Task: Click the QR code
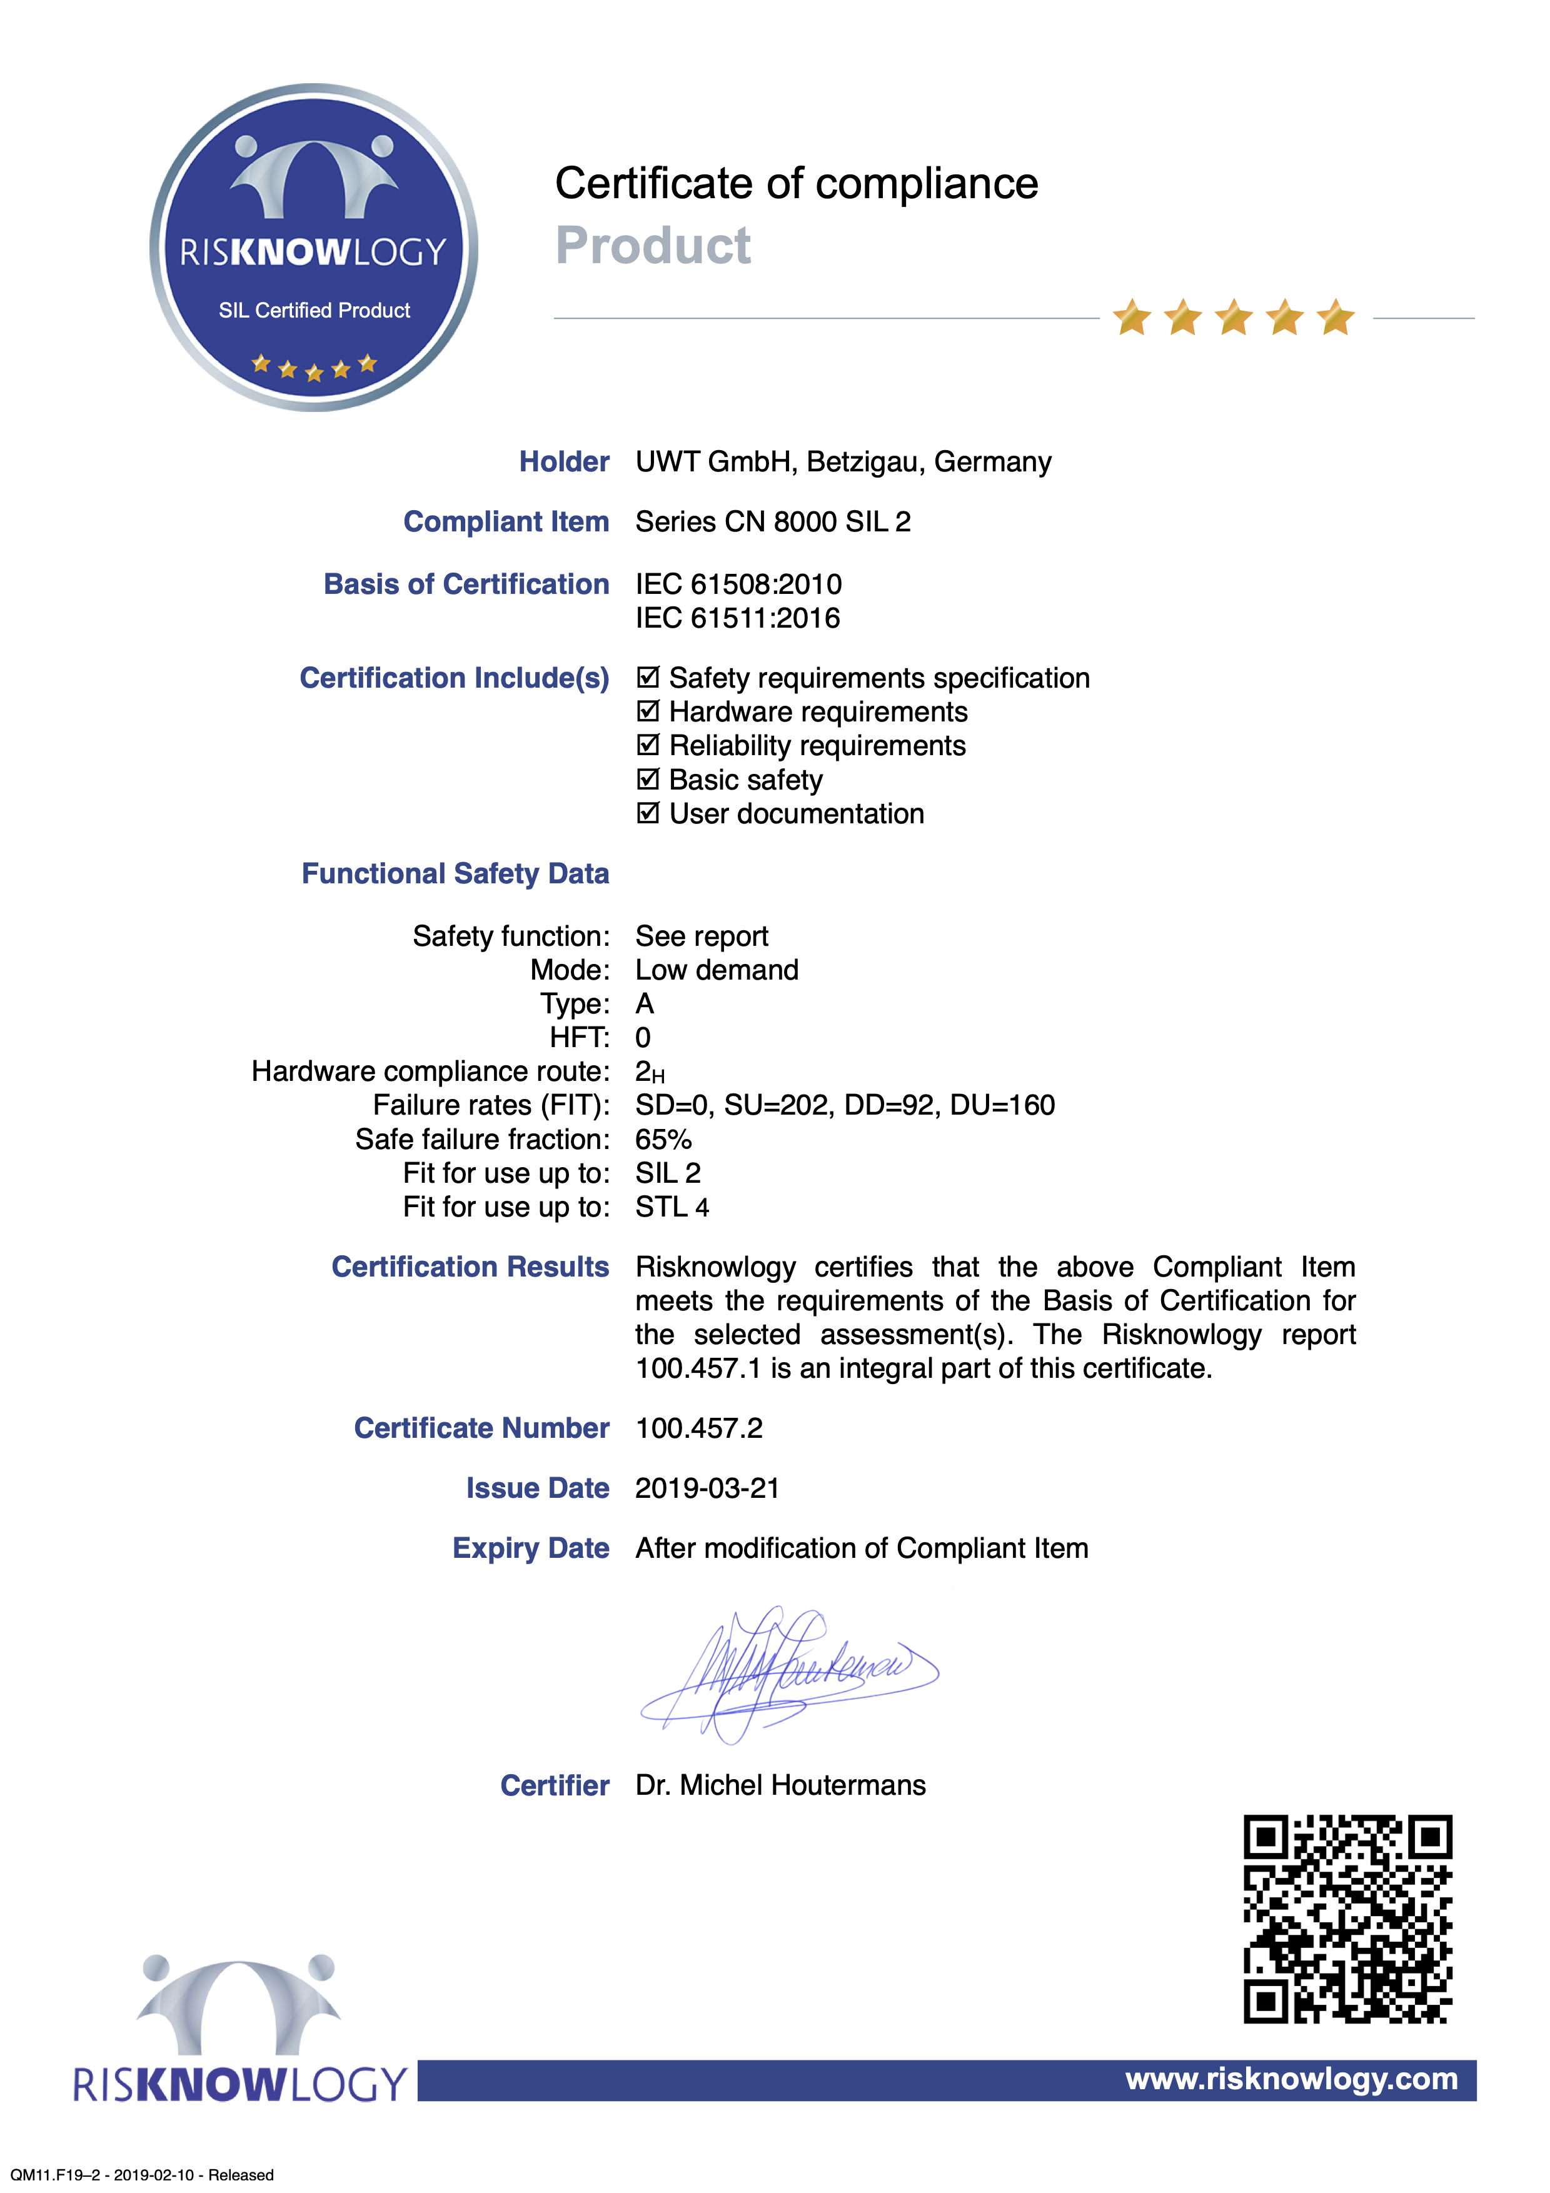pos(1347,1919)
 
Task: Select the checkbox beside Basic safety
pos(648,780)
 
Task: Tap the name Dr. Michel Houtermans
pos(780,1785)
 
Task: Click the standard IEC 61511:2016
pos(737,618)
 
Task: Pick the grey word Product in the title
pos(653,246)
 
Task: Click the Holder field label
pos(563,461)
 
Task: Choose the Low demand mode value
pos(717,970)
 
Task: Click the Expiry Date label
pos(530,1548)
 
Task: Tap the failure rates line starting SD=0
pos(844,1105)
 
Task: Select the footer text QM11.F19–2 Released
pos(143,2175)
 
